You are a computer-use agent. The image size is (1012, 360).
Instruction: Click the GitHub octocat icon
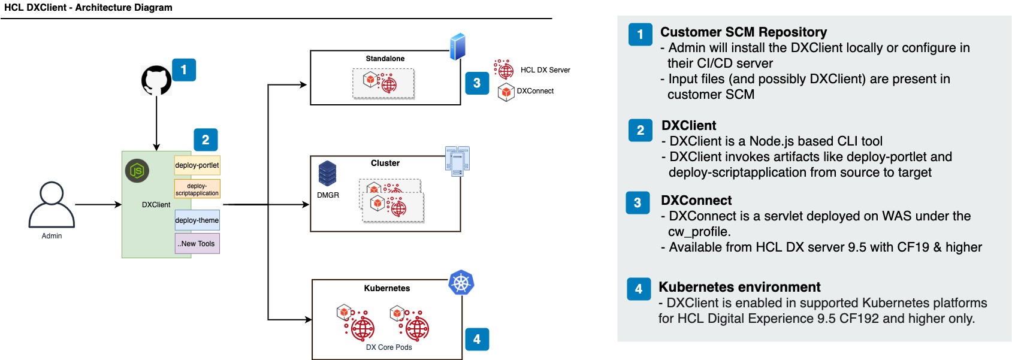(156, 80)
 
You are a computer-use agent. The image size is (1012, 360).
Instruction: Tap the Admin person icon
(52, 205)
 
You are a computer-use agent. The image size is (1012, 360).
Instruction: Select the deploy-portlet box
(197, 165)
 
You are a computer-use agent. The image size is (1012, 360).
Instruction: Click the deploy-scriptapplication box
(197, 189)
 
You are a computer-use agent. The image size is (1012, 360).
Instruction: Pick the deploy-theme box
(197, 220)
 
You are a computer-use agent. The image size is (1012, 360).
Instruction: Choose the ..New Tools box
(197, 244)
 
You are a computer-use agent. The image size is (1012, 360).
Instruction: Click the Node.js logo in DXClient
(137, 171)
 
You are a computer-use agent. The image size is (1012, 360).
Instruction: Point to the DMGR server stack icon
(327, 174)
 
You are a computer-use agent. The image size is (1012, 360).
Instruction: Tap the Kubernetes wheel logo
(461, 283)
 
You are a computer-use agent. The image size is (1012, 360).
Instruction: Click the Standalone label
(385, 59)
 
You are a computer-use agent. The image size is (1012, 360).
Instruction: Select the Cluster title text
(385, 163)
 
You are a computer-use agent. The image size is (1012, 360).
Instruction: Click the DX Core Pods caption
(389, 347)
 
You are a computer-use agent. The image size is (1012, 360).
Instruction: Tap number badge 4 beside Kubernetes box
(477, 339)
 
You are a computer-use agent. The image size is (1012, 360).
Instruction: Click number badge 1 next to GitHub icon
(184, 70)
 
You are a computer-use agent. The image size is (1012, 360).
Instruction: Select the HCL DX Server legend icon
(504, 69)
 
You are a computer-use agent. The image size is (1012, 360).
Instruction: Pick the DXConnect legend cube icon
(506, 92)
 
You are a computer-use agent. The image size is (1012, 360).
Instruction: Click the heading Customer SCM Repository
(744, 32)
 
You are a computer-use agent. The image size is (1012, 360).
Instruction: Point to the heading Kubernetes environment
(739, 288)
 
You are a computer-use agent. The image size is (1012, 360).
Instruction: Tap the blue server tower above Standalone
(458, 46)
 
